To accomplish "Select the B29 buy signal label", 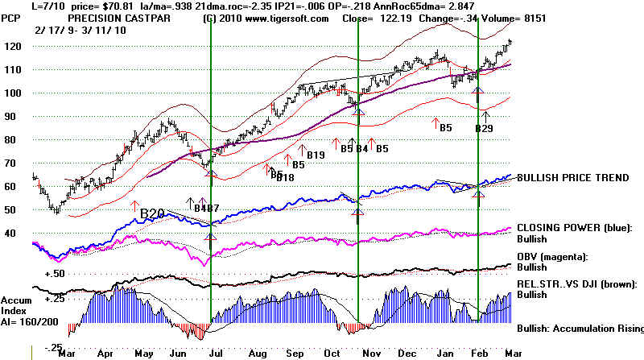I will point(484,128).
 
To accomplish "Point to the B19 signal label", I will point(315,155).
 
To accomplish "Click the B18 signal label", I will point(284,177).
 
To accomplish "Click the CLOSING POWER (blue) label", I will point(572,227).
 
